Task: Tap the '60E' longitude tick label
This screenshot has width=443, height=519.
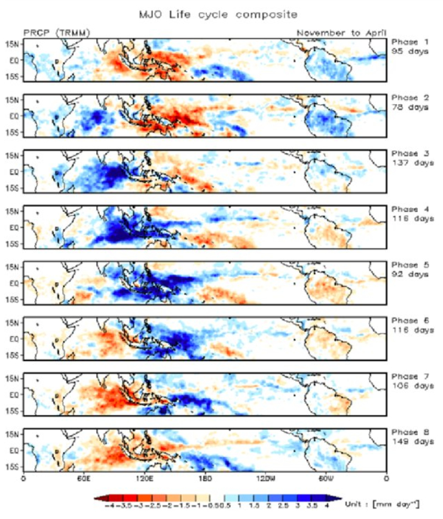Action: tap(84, 479)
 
